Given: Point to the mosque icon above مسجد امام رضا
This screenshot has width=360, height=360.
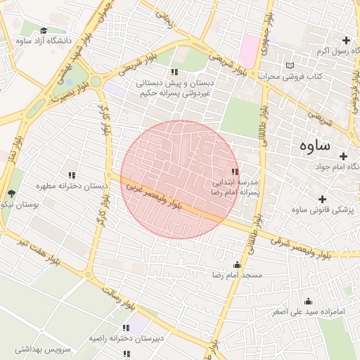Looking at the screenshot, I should coord(236,265).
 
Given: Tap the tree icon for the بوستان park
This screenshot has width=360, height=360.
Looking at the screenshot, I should coord(11,194).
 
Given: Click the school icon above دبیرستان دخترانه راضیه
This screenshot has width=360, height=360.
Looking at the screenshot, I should coord(126,328).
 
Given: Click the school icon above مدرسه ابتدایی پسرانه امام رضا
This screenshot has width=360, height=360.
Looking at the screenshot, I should coord(235,172).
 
